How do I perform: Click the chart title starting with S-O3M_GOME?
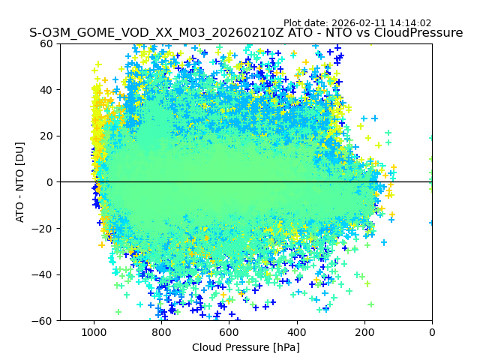(x=246, y=33)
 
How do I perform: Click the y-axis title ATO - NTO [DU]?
(x=21, y=182)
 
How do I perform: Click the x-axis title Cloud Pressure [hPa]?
(x=246, y=347)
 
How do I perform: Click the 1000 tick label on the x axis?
(x=93, y=331)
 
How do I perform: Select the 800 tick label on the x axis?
(x=160, y=331)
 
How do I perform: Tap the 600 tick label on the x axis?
(x=229, y=331)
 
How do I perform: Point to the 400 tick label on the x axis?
(x=296, y=331)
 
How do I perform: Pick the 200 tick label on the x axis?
(x=364, y=331)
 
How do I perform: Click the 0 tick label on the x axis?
(x=432, y=331)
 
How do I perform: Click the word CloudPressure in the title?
(x=421, y=33)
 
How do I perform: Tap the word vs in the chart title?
(x=367, y=33)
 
